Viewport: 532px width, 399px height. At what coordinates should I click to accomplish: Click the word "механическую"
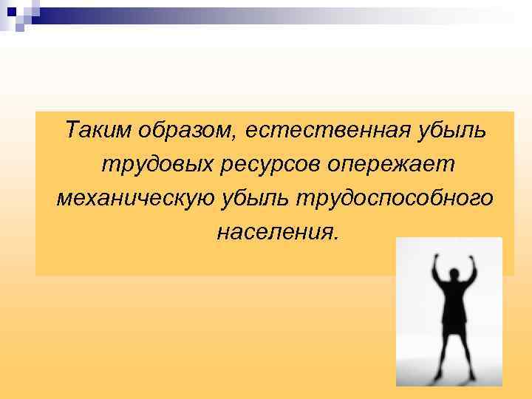tap(132, 198)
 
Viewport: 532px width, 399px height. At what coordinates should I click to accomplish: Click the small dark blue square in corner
tap(13, 11)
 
